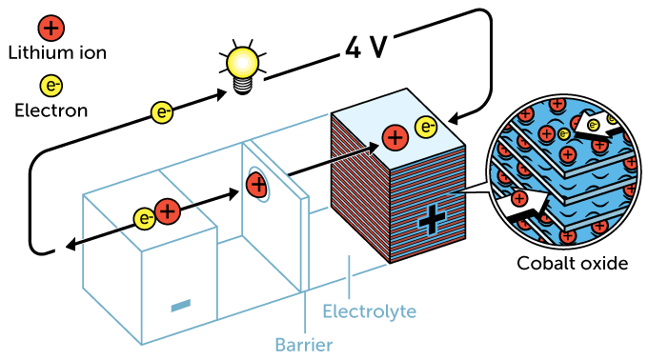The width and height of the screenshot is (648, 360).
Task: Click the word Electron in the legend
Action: tap(51, 110)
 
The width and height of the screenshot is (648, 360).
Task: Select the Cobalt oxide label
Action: tap(572, 263)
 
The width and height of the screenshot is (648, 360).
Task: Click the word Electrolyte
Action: tap(369, 311)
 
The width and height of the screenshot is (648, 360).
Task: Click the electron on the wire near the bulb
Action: tap(163, 112)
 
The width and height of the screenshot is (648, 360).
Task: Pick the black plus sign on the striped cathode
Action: tap(431, 221)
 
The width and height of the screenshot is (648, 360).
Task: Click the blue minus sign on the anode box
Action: tap(180, 306)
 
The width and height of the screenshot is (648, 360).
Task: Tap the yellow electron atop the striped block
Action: tap(426, 127)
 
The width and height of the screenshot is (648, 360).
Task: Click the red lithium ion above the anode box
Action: tap(167, 212)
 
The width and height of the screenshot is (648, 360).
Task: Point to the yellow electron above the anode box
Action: tap(144, 218)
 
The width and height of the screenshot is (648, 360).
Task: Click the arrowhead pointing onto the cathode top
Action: tap(450, 121)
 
